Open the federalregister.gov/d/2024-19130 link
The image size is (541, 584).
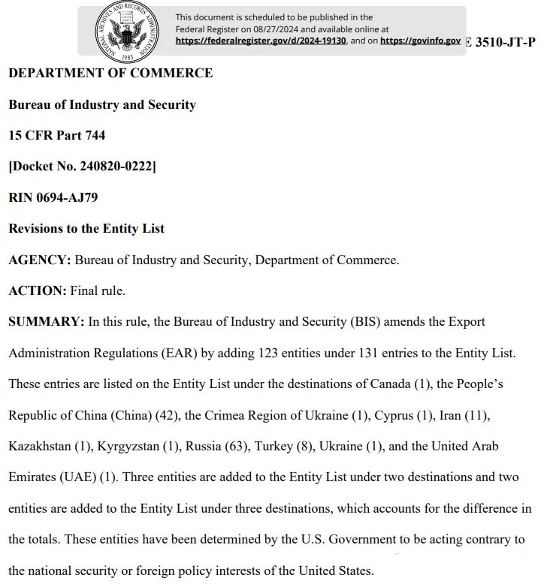click(261, 41)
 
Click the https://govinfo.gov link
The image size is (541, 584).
click(420, 41)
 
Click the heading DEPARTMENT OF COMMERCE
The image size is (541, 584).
click(110, 73)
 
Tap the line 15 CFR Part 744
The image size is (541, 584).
click(56, 135)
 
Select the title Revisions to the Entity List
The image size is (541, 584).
click(86, 228)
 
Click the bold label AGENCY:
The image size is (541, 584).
click(40, 260)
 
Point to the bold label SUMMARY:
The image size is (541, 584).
click(46, 321)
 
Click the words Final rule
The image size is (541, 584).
click(98, 290)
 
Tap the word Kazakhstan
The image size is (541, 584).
click(40, 446)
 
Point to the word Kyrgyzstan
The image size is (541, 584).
click(128, 446)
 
